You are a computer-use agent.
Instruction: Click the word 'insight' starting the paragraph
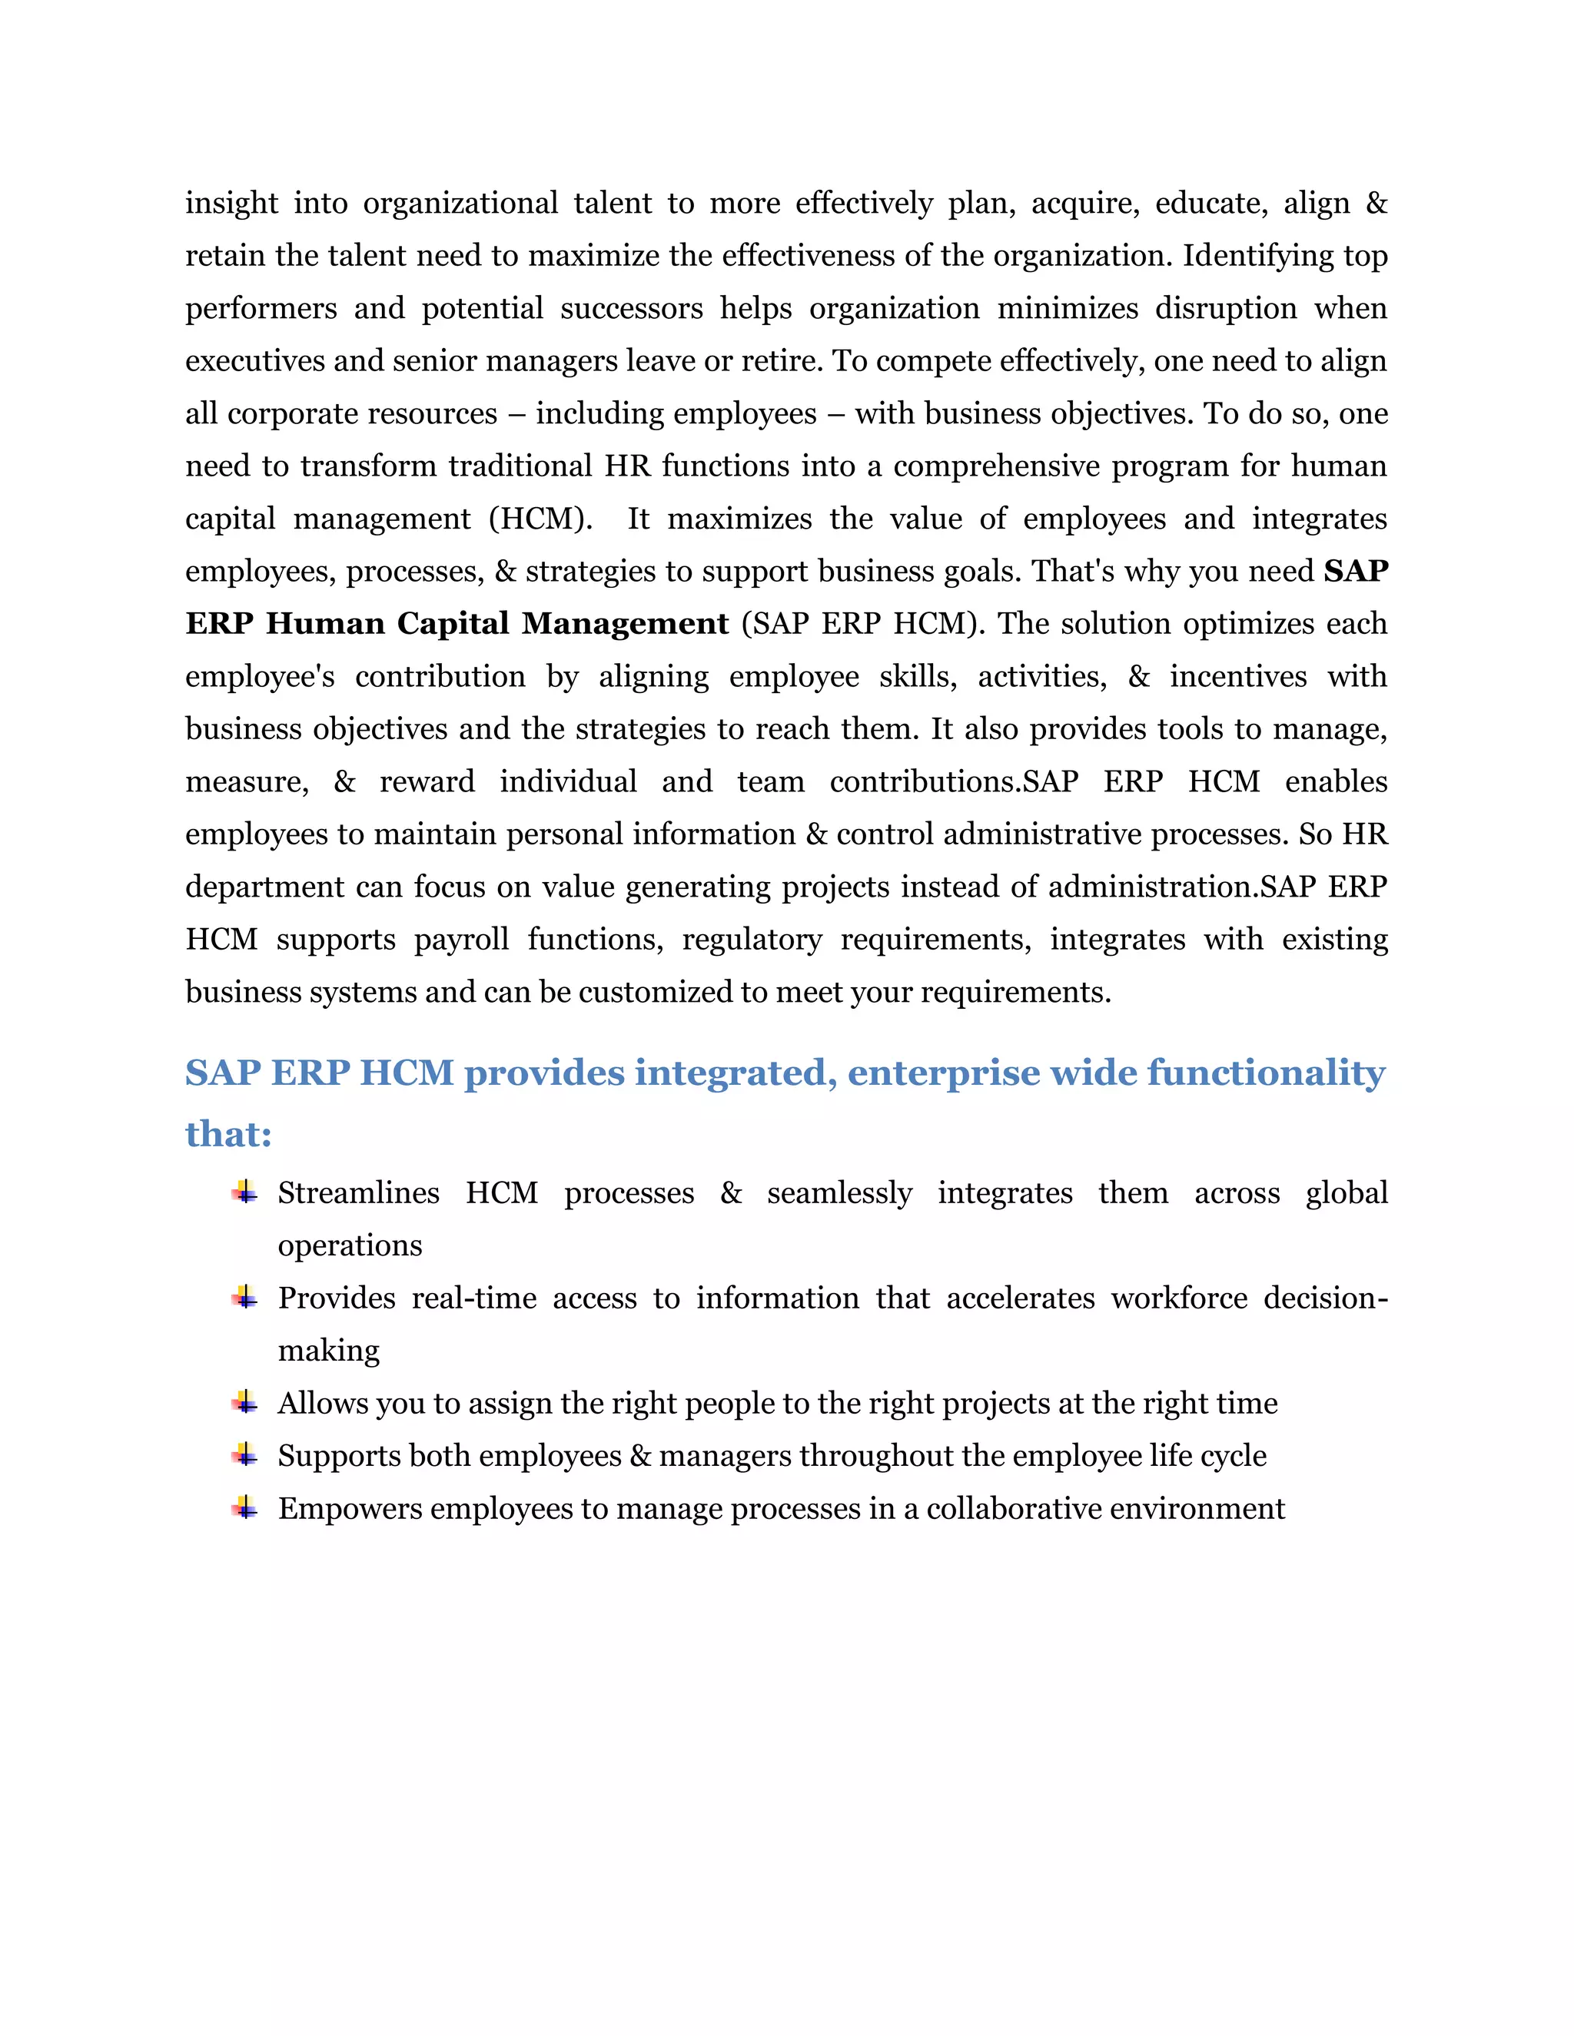point(231,204)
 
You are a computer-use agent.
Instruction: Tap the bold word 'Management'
point(625,624)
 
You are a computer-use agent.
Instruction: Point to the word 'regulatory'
point(752,940)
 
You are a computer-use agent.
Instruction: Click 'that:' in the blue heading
point(228,1135)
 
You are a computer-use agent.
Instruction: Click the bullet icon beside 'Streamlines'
point(244,1192)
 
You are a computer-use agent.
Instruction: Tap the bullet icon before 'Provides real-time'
point(244,1297)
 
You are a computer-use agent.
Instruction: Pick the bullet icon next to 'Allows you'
point(244,1402)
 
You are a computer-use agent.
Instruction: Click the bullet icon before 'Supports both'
point(244,1454)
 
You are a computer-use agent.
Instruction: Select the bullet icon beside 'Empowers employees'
point(244,1507)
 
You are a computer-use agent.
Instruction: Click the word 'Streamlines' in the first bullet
point(358,1193)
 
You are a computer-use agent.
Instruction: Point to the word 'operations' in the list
point(350,1246)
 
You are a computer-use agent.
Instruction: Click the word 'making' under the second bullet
point(328,1351)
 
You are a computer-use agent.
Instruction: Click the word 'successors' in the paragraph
point(631,309)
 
